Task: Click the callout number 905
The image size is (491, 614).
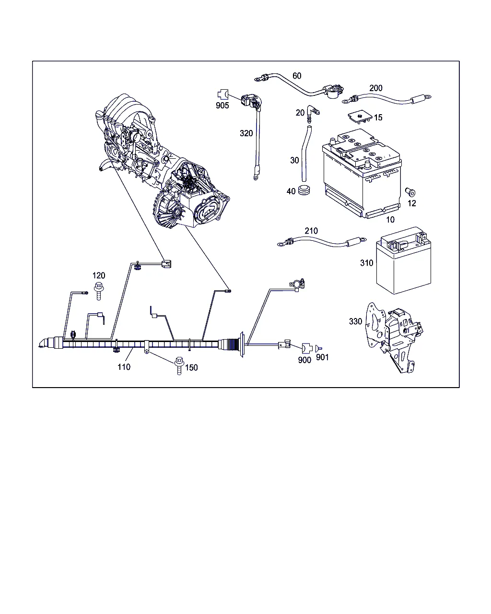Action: (222, 106)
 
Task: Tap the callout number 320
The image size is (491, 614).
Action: (246, 133)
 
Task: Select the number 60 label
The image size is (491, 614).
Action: (297, 76)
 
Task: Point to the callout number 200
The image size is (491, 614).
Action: (376, 88)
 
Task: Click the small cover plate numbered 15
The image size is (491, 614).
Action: (360, 117)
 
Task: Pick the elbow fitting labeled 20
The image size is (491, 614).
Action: (313, 114)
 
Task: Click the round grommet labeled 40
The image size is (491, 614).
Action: (304, 190)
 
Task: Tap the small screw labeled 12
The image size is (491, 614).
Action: (410, 192)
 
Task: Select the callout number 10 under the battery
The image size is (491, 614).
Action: (390, 219)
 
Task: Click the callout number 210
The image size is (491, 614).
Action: (311, 231)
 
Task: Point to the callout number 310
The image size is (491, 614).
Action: (367, 263)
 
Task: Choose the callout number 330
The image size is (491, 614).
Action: (355, 321)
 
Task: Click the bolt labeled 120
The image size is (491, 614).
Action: (99, 291)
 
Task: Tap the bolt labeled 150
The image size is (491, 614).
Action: (179, 366)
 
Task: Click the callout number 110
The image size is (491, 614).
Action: (124, 367)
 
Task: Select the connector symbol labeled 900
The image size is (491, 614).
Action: (307, 348)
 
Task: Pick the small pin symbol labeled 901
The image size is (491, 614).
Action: (318, 348)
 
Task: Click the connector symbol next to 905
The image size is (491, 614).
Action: (223, 94)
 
